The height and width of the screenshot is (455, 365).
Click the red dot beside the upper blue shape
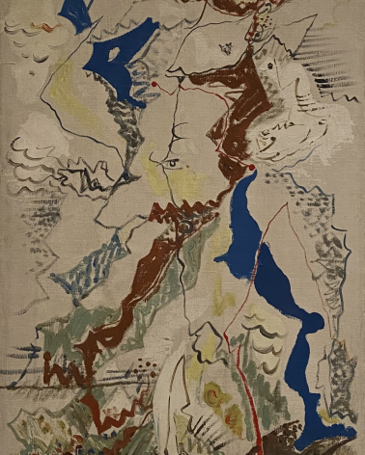pyautogui.click(x=153, y=85)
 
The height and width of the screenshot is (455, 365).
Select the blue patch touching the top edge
pyautogui.click(x=75, y=12)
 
